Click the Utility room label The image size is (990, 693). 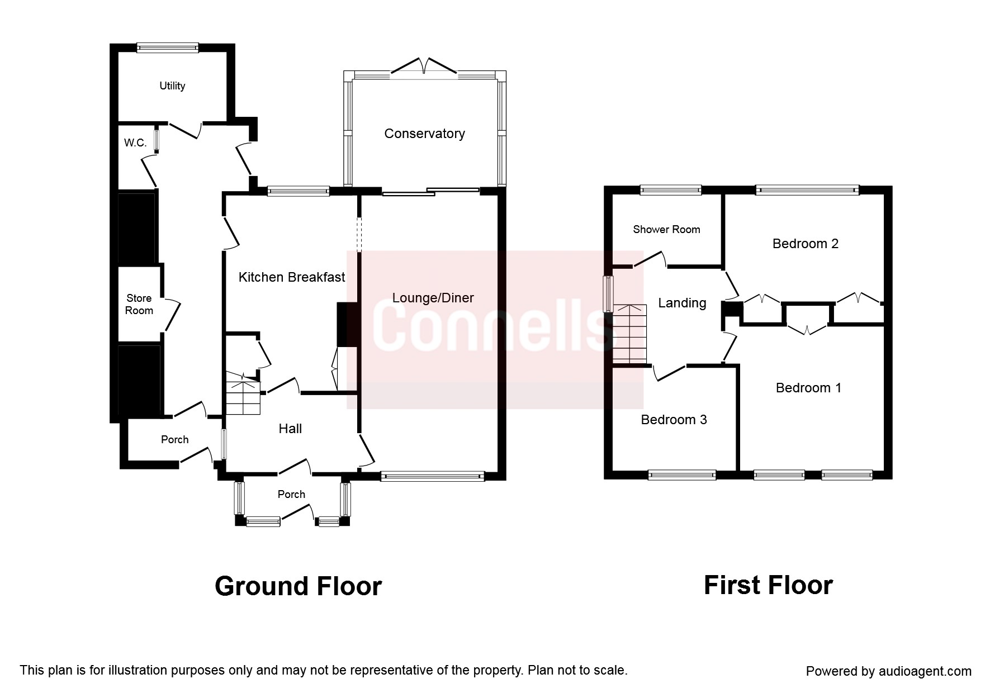point(172,86)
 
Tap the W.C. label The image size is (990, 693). point(135,143)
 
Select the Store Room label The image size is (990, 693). point(139,304)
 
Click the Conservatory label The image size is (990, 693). point(424,134)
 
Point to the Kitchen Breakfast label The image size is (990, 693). point(292,277)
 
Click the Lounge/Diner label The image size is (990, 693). point(433,298)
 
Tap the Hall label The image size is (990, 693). point(290,429)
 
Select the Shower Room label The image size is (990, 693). point(666,229)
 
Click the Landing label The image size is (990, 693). point(682,303)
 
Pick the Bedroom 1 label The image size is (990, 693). point(808,388)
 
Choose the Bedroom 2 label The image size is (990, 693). point(806,244)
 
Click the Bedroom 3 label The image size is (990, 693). point(674,420)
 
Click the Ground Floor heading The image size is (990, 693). point(298,586)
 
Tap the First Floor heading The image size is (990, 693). point(768,585)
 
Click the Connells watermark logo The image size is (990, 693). point(495,330)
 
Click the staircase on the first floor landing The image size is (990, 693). point(629,334)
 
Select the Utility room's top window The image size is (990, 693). point(168,48)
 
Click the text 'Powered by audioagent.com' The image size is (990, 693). point(888,671)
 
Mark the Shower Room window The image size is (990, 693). point(670,190)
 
